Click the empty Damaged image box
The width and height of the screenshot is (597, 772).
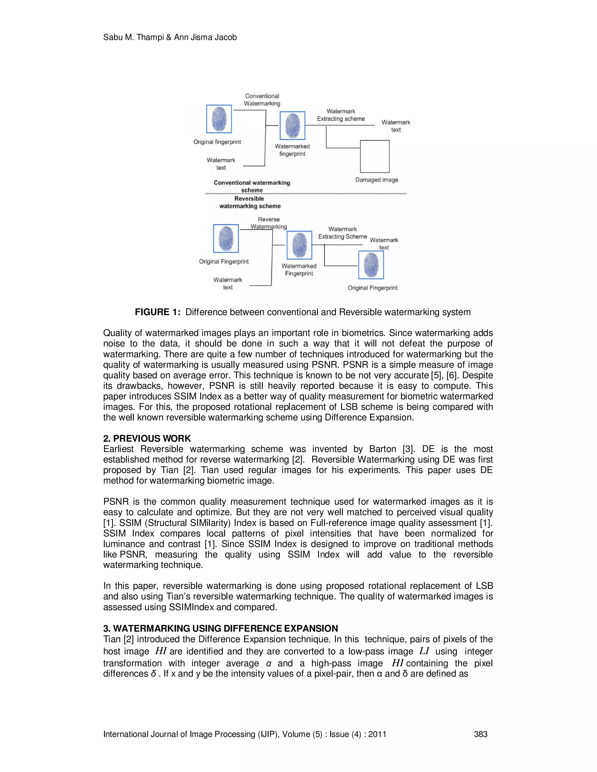375,156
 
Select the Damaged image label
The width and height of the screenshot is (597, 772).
377,180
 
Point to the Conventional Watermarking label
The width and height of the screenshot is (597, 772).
262,100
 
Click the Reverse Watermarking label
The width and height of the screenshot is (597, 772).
268,223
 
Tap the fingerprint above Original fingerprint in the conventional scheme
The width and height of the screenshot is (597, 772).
219,119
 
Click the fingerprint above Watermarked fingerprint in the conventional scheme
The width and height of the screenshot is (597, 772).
292,126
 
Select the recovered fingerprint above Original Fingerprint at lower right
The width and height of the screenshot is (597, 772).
371,265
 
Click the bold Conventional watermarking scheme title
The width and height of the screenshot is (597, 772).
252,186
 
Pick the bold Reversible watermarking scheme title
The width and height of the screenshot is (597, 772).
250,202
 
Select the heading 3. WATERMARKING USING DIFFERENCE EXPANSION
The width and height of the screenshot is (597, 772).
220,628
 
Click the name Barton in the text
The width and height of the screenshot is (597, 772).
382,449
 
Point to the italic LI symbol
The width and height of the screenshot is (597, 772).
424,651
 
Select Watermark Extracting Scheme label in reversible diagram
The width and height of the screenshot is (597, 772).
342,233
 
